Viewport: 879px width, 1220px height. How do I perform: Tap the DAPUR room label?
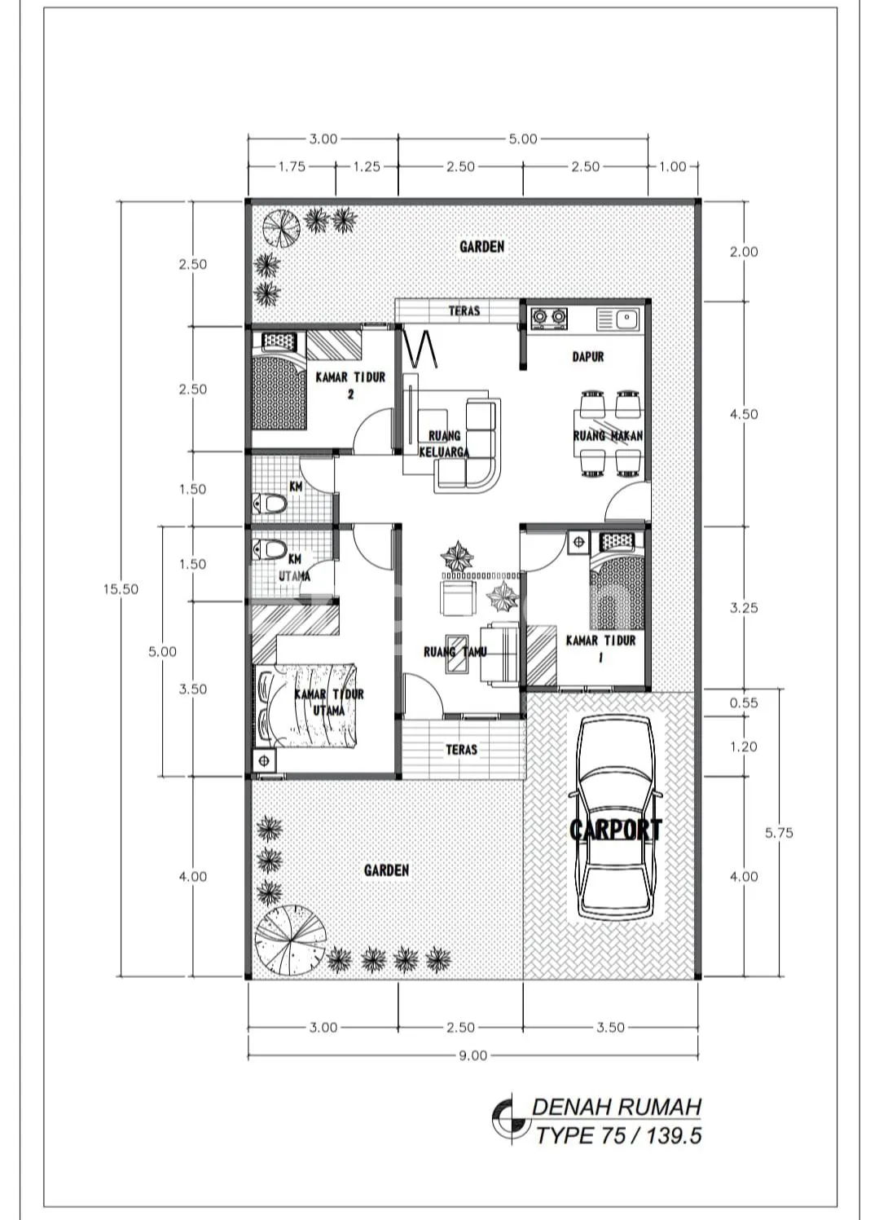[588, 357]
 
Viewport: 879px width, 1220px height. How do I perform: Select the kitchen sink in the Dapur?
[619, 319]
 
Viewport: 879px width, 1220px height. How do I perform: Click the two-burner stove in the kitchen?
[548, 319]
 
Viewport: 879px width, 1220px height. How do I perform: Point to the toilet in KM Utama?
[270, 549]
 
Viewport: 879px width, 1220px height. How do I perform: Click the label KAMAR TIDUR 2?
[350, 385]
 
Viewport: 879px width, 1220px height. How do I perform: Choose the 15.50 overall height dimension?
[121, 588]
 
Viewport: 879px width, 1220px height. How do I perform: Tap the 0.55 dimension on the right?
[744, 702]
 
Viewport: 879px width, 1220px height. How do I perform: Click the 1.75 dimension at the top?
[292, 167]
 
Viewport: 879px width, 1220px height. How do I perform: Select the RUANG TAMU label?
[455, 651]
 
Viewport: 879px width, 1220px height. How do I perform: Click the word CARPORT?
[616, 830]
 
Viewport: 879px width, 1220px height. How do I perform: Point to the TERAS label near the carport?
[462, 750]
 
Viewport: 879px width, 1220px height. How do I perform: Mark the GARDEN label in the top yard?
[482, 247]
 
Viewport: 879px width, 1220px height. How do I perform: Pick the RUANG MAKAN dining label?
[608, 436]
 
